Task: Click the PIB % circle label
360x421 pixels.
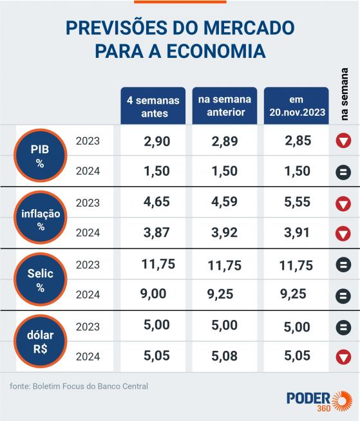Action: tap(40, 156)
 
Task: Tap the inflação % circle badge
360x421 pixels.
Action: tap(40, 218)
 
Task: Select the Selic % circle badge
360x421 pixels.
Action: tap(40, 279)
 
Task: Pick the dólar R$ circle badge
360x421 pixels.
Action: tap(40, 341)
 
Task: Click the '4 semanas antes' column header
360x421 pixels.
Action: tap(153, 106)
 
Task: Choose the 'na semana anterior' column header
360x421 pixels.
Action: tap(224, 106)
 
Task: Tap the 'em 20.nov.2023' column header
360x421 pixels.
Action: tap(296, 106)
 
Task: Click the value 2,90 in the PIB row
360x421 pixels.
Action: tap(156, 141)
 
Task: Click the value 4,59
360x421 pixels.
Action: tap(225, 202)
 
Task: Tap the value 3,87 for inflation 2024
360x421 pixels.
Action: tap(156, 232)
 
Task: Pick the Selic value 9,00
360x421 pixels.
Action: tap(153, 294)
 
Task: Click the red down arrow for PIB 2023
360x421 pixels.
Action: tap(343, 142)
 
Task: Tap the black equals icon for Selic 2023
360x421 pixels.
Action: tap(343, 265)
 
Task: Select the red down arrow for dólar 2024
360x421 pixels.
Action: tap(343, 356)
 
